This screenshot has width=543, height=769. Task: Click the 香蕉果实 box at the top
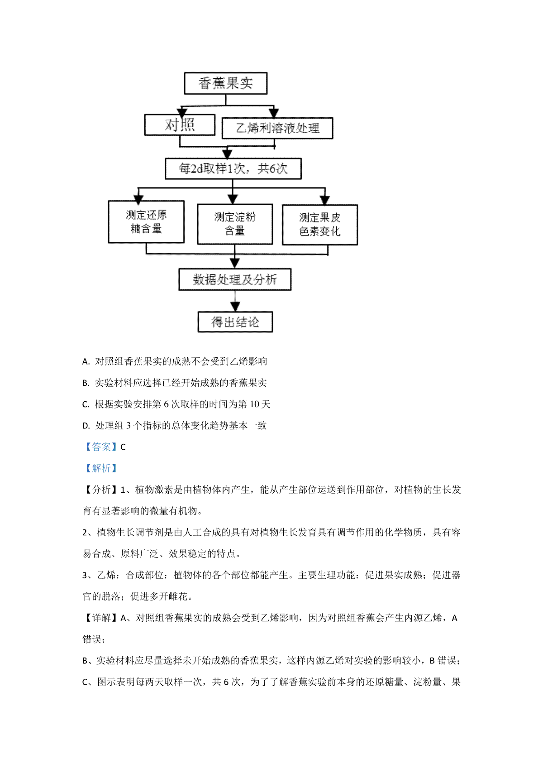225,83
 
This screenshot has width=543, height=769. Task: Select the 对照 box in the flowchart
180,125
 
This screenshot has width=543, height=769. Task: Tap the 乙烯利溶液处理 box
277,128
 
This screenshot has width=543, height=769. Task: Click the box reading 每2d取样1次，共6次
233,168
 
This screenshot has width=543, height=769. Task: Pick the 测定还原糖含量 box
146,222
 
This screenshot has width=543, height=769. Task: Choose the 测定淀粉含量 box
235,224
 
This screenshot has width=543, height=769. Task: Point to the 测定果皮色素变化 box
320,225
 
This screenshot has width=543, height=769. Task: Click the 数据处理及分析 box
235,279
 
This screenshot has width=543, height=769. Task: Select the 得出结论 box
235,322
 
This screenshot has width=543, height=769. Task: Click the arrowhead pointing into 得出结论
235,307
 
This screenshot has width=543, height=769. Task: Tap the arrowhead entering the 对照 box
182,112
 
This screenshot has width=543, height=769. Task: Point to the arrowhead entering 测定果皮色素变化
325,200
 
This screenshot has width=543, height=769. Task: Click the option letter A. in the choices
86,361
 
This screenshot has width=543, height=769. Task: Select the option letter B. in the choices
86,383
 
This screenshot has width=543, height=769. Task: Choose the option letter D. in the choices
86,426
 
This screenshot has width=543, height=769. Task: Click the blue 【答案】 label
101,447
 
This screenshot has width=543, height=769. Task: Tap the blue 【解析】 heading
101,468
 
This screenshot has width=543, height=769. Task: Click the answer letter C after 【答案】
123,447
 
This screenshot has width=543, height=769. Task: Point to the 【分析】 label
101,490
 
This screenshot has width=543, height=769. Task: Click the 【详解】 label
101,618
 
